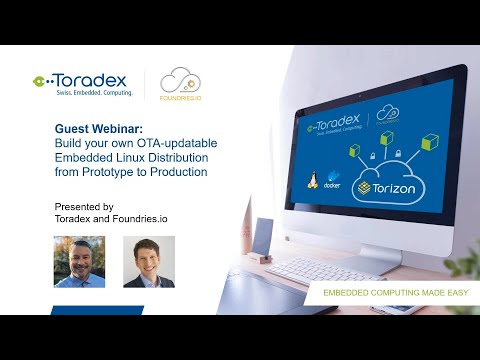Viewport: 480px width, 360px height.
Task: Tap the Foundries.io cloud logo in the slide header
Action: pyautogui.click(x=181, y=84)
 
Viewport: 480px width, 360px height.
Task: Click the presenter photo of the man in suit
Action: pyautogui.click(x=148, y=262)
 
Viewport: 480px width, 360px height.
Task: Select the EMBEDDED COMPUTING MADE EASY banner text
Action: pyautogui.click(x=386, y=293)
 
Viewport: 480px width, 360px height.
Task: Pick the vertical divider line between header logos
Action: pyautogui.click(x=146, y=84)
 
